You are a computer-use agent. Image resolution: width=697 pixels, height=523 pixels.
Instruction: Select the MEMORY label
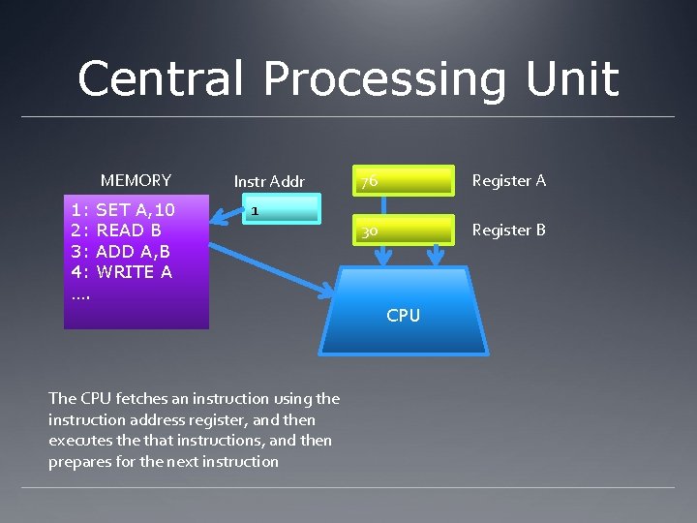tap(136, 180)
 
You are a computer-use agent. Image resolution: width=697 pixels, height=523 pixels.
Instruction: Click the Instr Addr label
tap(269, 181)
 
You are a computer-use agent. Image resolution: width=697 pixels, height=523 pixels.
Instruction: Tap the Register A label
tap(508, 180)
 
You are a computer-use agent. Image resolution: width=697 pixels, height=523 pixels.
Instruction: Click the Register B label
tap(508, 230)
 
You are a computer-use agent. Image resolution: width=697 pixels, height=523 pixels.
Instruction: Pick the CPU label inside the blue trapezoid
tap(403, 315)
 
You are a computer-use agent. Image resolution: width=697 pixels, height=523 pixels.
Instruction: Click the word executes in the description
tap(77, 441)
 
